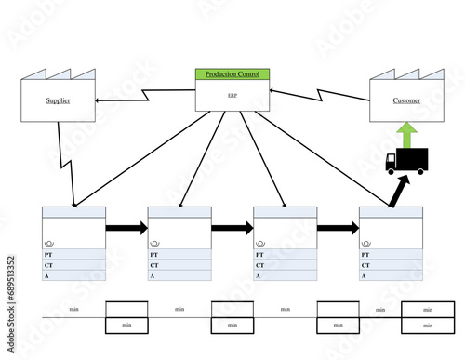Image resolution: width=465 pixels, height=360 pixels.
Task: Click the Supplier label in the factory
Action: (x=57, y=100)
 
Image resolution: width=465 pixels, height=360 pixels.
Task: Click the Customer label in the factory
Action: (x=405, y=100)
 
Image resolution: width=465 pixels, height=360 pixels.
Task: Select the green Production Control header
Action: (x=232, y=74)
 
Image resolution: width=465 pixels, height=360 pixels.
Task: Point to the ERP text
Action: (x=232, y=95)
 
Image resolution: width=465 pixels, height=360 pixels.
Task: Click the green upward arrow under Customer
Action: (x=405, y=132)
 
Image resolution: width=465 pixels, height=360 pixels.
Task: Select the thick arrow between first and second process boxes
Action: (x=126, y=227)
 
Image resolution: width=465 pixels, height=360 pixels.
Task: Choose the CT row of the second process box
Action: (x=179, y=265)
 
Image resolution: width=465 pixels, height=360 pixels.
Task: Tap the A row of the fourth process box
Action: (x=391, y=275)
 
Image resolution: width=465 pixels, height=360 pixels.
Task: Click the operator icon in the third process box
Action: (x=259, y=243)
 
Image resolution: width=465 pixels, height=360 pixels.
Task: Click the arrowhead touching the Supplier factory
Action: (x=100, y=100)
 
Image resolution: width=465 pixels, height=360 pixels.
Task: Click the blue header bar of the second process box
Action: (x=179, y=212)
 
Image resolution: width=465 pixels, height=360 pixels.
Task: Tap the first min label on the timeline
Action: (x=73, y=309)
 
